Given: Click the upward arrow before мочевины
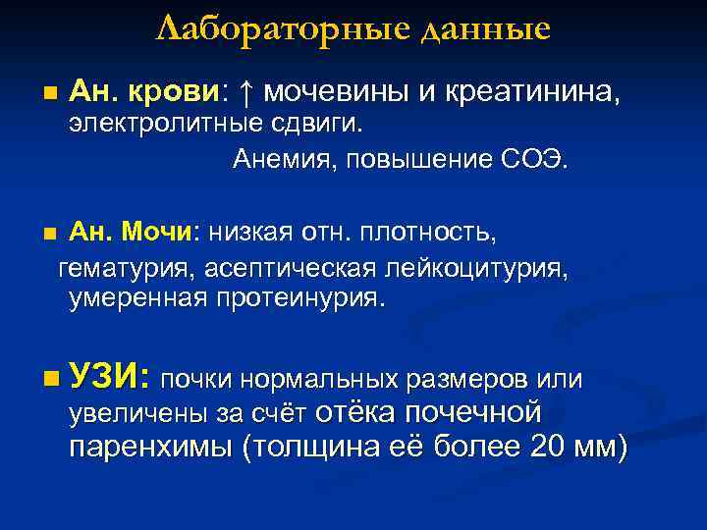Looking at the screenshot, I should (x=247, y=93).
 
